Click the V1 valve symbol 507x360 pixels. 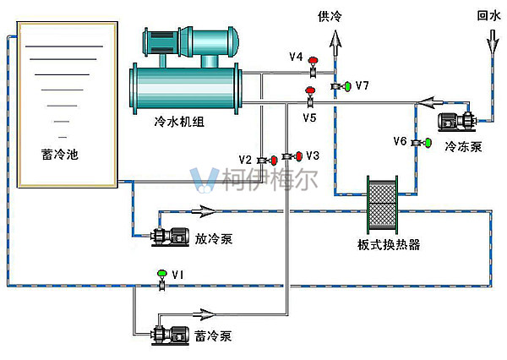(161, 279)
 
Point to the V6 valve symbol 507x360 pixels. (417, 144)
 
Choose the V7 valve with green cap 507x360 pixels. (341, 86)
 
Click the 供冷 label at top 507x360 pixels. (330, 16)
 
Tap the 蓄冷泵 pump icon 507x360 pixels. (170, 335)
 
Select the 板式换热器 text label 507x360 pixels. (389, 245)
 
